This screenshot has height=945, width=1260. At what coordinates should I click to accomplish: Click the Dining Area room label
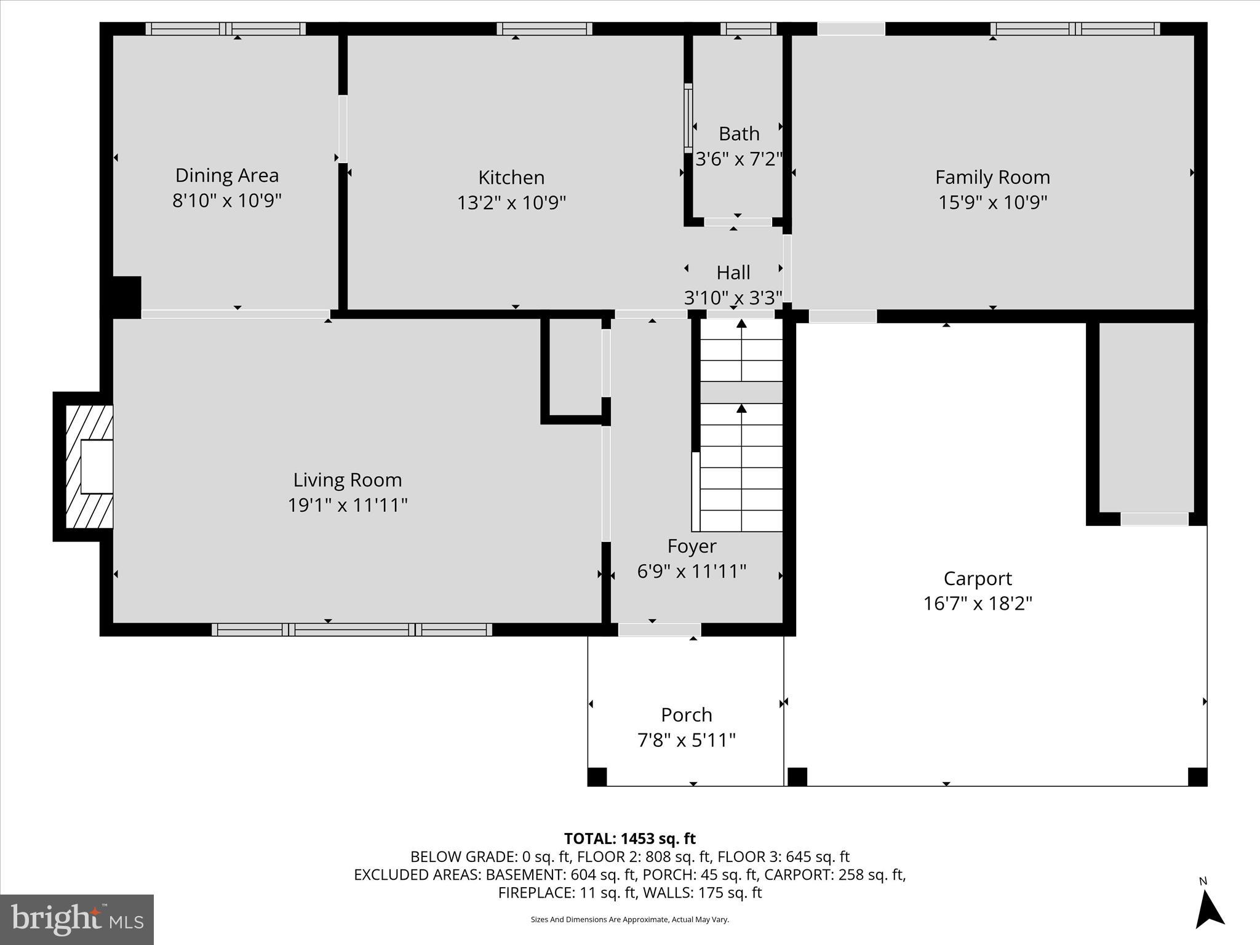point(226,175)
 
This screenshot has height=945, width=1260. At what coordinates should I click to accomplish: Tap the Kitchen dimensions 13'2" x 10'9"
point(511,202)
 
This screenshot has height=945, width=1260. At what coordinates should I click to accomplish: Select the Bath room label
point(739,134)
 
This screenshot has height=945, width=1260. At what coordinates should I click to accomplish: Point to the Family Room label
point(992,177)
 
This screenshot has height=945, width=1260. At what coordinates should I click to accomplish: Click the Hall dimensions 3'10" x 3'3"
point(733,298)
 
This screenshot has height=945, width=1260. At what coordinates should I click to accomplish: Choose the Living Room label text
point(347,480)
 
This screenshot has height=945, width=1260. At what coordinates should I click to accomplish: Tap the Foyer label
point(692,546)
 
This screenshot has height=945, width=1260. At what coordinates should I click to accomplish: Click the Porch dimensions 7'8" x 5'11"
point(686,740)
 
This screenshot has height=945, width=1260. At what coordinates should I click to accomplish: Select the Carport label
point(977,578)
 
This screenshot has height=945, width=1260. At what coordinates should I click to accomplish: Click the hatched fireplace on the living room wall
point(90,466)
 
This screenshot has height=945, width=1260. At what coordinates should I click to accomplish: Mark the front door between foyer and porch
point(659,629)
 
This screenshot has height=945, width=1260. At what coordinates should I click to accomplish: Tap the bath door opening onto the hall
point(738,221)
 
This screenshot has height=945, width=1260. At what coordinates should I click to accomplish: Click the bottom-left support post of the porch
point(597,776)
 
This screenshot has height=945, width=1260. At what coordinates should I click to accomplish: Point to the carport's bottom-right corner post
point(1197,776)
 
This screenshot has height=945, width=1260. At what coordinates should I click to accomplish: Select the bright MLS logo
point(76,919)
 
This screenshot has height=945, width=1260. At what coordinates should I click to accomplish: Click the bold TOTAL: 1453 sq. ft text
point(629,839)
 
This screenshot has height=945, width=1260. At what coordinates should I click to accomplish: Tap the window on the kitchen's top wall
point(544,28)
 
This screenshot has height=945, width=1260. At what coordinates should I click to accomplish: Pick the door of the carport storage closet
point(1154,519)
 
